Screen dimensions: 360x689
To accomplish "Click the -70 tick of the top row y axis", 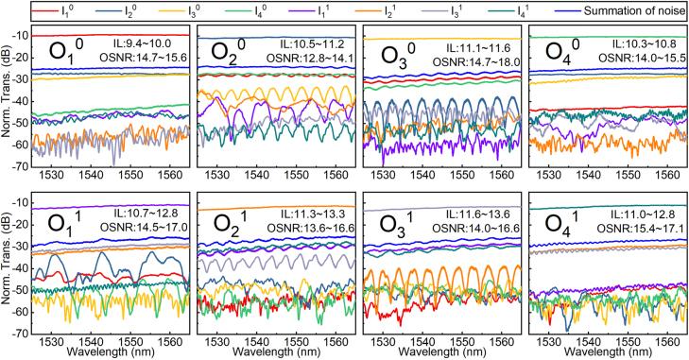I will click(x=18, y=165).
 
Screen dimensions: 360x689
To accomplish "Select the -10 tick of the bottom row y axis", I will click(x=18, y=204).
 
